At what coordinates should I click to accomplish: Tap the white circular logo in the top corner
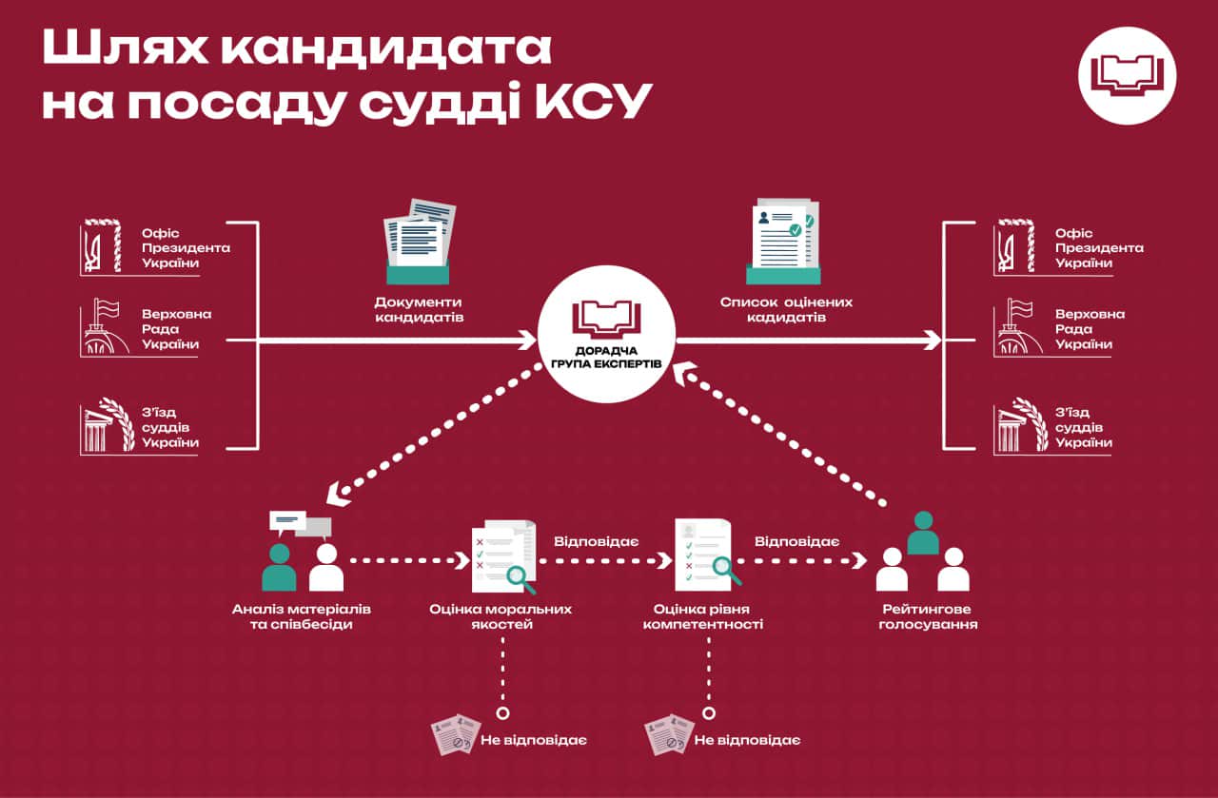click(1127, 75)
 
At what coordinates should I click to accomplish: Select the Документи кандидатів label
click(419, 309)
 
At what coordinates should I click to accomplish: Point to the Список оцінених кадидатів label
click(786, 309)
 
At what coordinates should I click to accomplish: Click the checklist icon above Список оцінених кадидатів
click(781, 241)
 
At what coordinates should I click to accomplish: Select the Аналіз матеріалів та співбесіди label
click(302, 616)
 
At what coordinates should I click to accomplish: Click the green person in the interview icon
click(279, 568)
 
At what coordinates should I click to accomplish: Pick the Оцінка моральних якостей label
click(501, 616)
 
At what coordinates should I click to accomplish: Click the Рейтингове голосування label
click(928, 616)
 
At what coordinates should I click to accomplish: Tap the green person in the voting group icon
click(922, 534)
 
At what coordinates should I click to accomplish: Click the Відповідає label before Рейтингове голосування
click(796, 541)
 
